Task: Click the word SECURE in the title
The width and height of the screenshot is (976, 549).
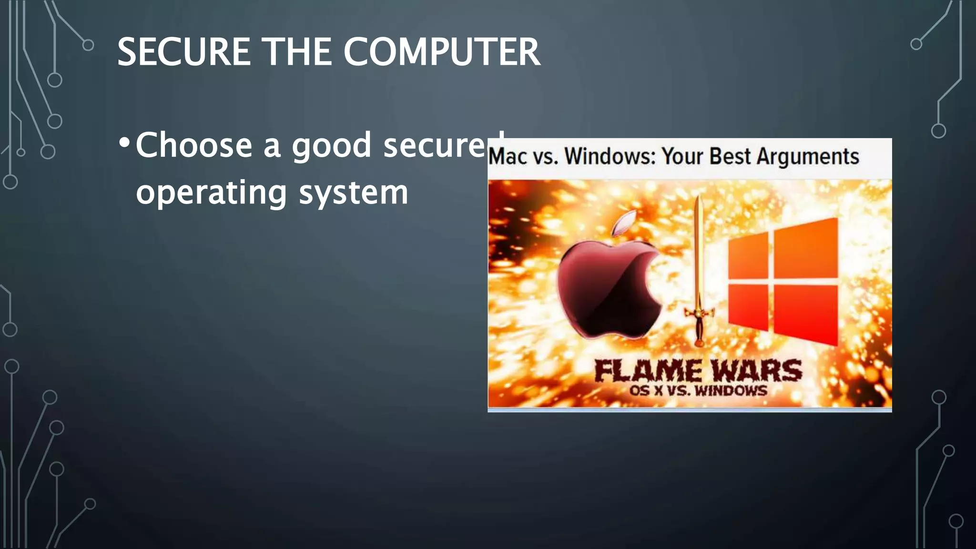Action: click(183, 52)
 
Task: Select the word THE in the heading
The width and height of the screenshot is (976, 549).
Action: click(297, 52)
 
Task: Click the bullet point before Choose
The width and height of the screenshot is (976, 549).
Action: click(124, 143)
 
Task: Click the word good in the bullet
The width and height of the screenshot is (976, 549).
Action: click(331, 146)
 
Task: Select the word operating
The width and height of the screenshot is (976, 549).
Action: click(211, 193)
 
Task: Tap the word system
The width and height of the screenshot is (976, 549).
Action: click(353, 193)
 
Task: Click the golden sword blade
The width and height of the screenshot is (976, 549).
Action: click(699, 253)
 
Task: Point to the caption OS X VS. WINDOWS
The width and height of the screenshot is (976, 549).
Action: click(698, 391)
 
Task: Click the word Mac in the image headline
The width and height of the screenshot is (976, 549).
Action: click(508, 156)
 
